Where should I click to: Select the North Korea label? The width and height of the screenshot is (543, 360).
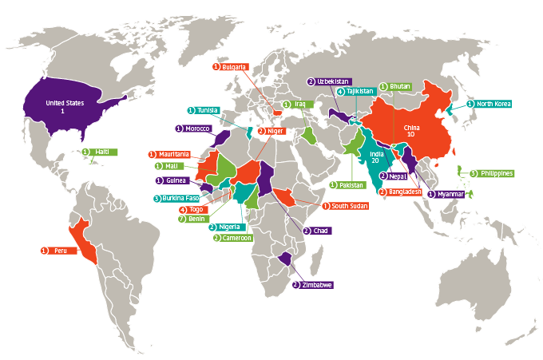(494, 104)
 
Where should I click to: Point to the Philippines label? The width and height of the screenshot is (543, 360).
(497, 173)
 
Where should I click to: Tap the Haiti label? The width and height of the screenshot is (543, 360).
(101, 152)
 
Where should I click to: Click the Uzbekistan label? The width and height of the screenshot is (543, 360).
(333, 81)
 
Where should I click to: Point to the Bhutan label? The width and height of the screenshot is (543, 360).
(398, 86)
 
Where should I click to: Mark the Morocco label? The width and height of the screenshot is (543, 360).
(197, 129)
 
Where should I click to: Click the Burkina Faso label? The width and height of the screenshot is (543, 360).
(180, 198)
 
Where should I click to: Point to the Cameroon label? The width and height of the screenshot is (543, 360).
(236, 238)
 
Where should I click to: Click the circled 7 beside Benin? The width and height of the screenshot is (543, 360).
(181, 219)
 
